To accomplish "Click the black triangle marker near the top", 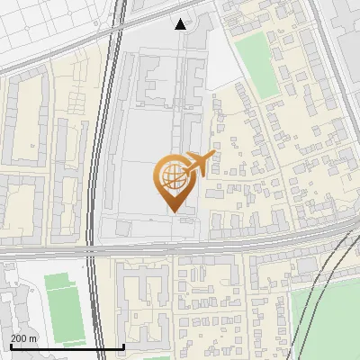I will click(x=181, y=24).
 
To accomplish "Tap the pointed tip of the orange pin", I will click(x=173, y=211).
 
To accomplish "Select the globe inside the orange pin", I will click(x=173, y=178).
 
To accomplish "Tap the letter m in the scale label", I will click(x=34, y=338).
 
